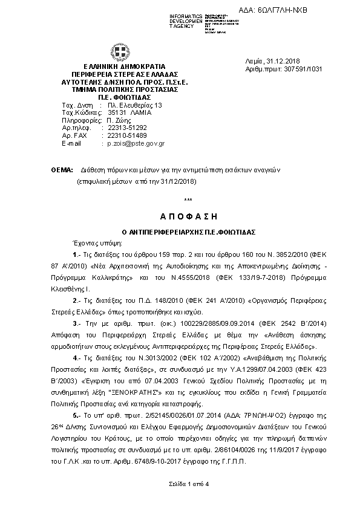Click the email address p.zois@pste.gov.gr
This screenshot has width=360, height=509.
136,144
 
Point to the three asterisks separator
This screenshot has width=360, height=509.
188,200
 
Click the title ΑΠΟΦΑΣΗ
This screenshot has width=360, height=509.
188,216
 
